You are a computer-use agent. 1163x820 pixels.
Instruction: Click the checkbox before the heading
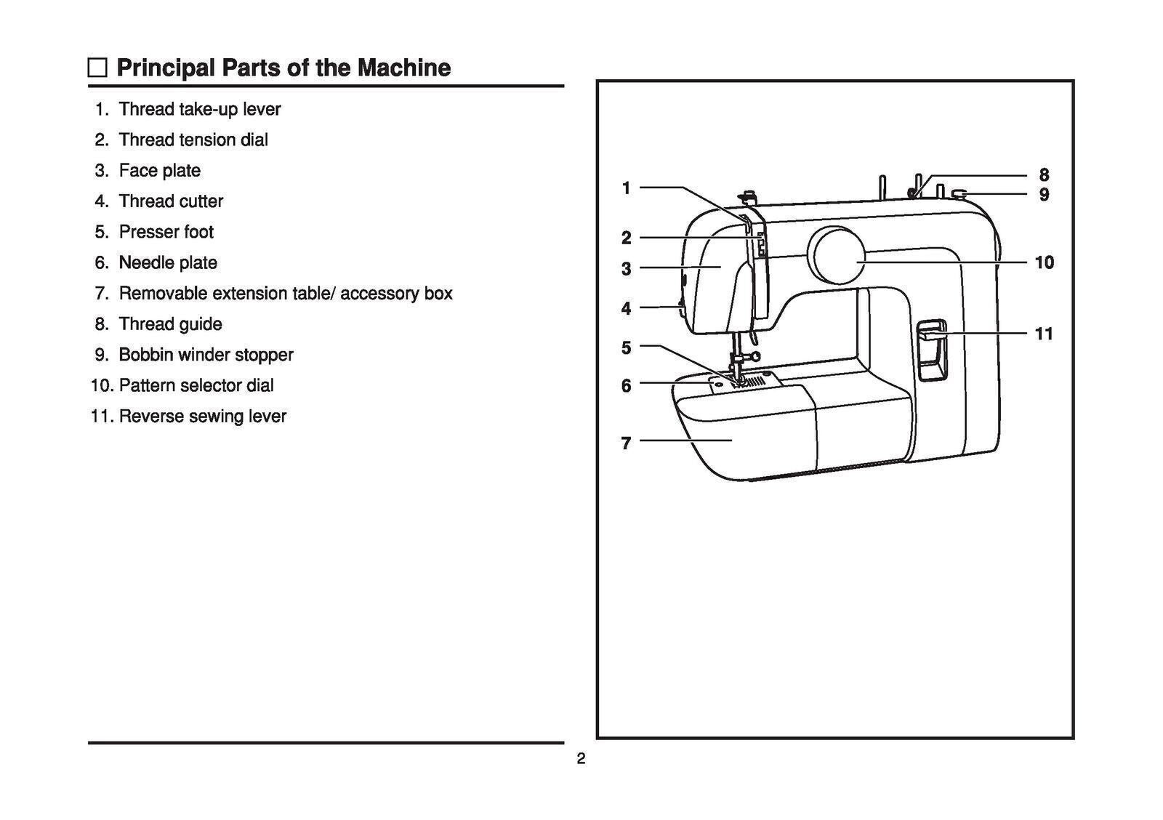coord(97,68)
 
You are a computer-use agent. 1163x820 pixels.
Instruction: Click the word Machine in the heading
coord(403,68)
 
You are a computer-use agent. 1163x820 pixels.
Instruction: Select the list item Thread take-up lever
coord(199,109)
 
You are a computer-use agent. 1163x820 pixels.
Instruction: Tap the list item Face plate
coord(159,171)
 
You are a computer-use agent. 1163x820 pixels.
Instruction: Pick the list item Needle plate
coord(168,262)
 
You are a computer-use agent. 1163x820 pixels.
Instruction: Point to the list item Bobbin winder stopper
coord(206,355)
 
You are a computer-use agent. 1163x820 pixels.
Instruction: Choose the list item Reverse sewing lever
coord(202,417)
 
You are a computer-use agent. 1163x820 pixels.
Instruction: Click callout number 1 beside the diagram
coord(626,188)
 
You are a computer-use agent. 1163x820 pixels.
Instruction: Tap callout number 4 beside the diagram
coord(626,308)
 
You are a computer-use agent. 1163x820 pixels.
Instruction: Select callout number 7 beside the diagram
coord(626,443)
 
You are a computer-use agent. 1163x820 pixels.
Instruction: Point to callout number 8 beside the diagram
coord(1044,175)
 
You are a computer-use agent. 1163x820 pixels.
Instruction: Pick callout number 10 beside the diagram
coord(1044,262)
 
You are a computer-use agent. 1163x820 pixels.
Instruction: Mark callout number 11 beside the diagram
coord(1044,334)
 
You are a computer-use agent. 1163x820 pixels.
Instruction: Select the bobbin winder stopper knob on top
coord(959,193)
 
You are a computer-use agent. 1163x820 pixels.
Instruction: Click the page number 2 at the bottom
coord(581,760)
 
